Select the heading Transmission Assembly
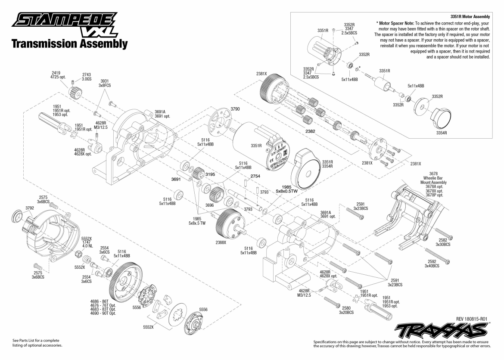point(69,44)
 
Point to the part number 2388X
point(221,242)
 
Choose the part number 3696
point(210,205)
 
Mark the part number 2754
point(255,176)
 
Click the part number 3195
point(211,174)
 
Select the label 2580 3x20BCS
point(346,310)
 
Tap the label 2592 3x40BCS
point(432,263)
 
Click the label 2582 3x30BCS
point(443,242)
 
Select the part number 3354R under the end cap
point(442,133)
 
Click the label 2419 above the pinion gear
point(56,73)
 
